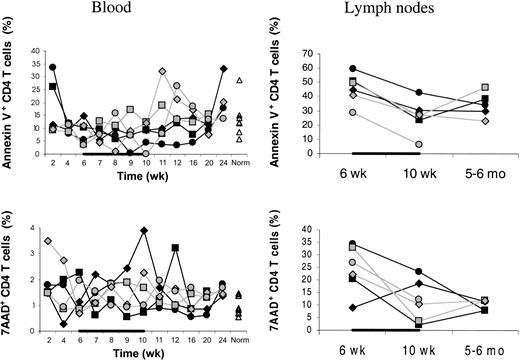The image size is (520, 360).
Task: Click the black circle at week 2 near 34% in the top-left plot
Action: click(x=52, y=68)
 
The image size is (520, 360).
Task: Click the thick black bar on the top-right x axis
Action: click(x=385, y=154)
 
